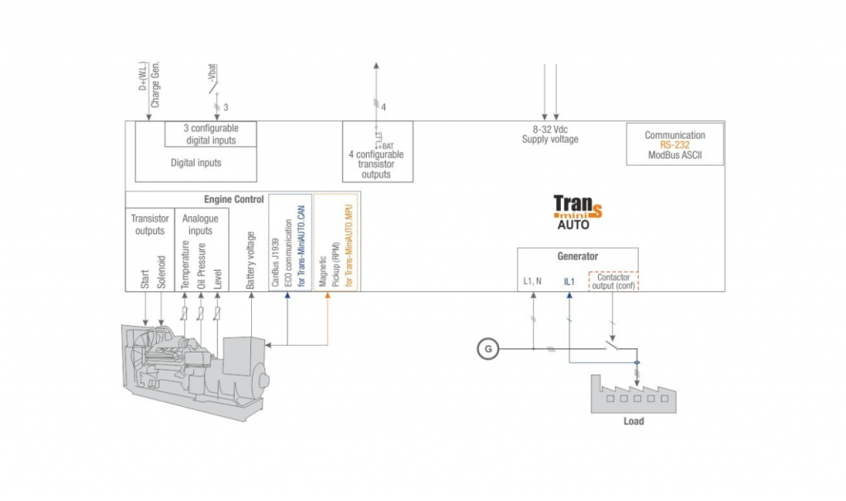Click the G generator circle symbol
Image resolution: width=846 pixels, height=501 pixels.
click(x=488, y=348)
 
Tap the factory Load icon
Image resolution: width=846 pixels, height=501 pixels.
click(x=633, y=394)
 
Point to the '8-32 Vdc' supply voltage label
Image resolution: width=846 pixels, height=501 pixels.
click(x=549, y=130)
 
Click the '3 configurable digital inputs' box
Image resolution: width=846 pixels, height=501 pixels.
click(x=211, y=134)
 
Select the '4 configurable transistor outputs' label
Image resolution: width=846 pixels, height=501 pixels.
click(x=376, y=164)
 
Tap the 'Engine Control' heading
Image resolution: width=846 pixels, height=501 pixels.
click(x=234, y=200)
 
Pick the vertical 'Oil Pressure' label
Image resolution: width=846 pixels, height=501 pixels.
click(x=202, y=264)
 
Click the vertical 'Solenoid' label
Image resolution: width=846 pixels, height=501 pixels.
click(x=162, y=269)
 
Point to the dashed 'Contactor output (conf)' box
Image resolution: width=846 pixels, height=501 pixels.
click(x=613, y=281)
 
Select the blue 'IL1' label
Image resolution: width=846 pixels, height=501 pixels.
click(x=568, y=281)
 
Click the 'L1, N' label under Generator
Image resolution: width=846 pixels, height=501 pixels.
click(x=533, y=281)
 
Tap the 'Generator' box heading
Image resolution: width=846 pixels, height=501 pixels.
click(x=577, y=257)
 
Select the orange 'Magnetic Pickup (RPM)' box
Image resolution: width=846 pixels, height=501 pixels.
click(x=337, y=242)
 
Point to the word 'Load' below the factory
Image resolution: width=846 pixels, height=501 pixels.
click(x=633, y=421)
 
